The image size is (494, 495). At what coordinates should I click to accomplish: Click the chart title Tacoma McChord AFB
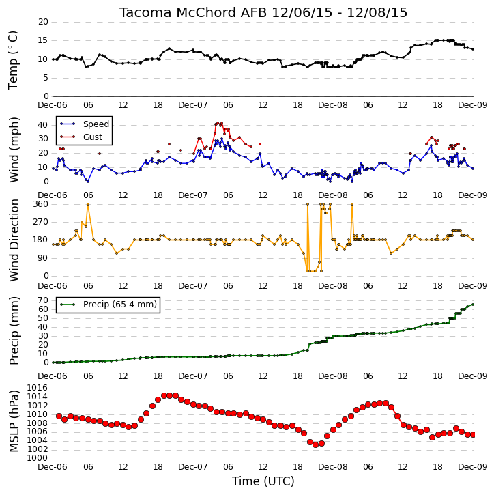pyautogui.click(x=193, y=12)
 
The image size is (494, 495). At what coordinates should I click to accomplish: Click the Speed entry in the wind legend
pyautogui.click(x=96, y=124)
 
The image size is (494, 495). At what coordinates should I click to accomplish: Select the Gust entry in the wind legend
pyautogui.click(x=93, y=137)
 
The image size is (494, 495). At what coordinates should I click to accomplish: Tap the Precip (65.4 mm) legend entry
pyautogui.click(x=120, y=305)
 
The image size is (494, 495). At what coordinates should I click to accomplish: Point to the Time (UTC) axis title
pyautogui.click(x=263, y=481)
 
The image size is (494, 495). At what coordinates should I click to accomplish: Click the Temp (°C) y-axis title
pyautogui.click(x=13, y=60)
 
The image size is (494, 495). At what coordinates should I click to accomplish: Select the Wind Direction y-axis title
pyautogui.click(x=14, y=240)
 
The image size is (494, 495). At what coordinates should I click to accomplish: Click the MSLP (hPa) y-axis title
pyautogui.click(x=14, y=421)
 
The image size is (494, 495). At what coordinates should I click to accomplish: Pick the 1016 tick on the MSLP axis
pyautogui.click(x=38, y=388)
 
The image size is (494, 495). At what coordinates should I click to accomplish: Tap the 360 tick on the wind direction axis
pyautogui.click(x=41, y=204)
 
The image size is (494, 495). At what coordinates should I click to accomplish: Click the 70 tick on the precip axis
pyautogui.click(x=43, y=300)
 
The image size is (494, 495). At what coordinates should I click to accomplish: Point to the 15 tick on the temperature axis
pyautogui.click(x=43, y=40)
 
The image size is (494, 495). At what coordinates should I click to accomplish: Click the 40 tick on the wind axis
pyautogui.click(x=43, y=125)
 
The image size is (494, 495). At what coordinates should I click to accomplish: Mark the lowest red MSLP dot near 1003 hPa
pyautogui.click(x=315, y=444)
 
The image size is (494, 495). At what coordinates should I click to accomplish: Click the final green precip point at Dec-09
pyautogui.click(x=473, y=305)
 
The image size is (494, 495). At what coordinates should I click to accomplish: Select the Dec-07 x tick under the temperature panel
pyautogui.click(x=192, y=105)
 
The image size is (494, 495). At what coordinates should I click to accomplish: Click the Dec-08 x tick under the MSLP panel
pyautogui.click(x=332, y=467)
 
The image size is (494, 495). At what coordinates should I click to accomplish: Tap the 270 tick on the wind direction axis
pyautogui.click(x=41, y=222)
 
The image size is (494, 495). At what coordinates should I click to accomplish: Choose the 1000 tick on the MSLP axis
pyautogui.click(x=38, y=458)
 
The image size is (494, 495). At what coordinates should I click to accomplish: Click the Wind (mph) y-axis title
pyautogui.click(x=14, y=150)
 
